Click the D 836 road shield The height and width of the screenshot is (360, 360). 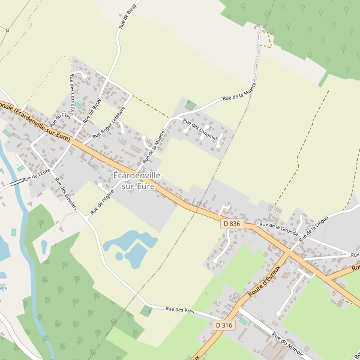click(x=231, y=224)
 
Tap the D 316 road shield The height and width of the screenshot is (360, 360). click(x=223, y=325)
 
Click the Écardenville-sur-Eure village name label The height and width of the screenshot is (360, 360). click(x=137, y=181)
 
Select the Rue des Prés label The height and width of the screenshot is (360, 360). click(x=181, y=310)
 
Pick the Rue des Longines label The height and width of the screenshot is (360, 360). click(x=200, y=130)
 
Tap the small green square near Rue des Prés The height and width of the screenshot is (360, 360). click(x=146, y=311)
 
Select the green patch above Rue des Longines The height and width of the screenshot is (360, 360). click(x=190, y=106)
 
